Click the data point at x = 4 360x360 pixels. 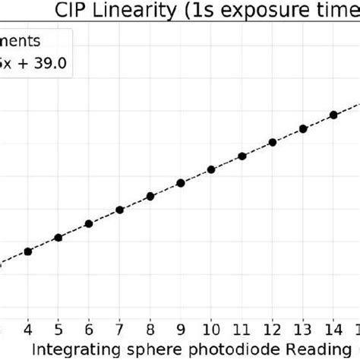click(28, 251)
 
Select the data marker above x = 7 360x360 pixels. click(119, 210)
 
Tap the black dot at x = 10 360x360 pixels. click(211, 169)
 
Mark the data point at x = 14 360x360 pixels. click(333, 115)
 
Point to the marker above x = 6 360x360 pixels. click(89, 224)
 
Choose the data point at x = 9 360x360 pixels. click(181, 183)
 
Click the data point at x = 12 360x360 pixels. click(272, 142)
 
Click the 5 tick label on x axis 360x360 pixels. click(58, 329)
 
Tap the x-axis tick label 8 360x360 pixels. click(150, 329)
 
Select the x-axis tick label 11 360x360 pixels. click(242, 329)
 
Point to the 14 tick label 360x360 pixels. click(333, 329)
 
